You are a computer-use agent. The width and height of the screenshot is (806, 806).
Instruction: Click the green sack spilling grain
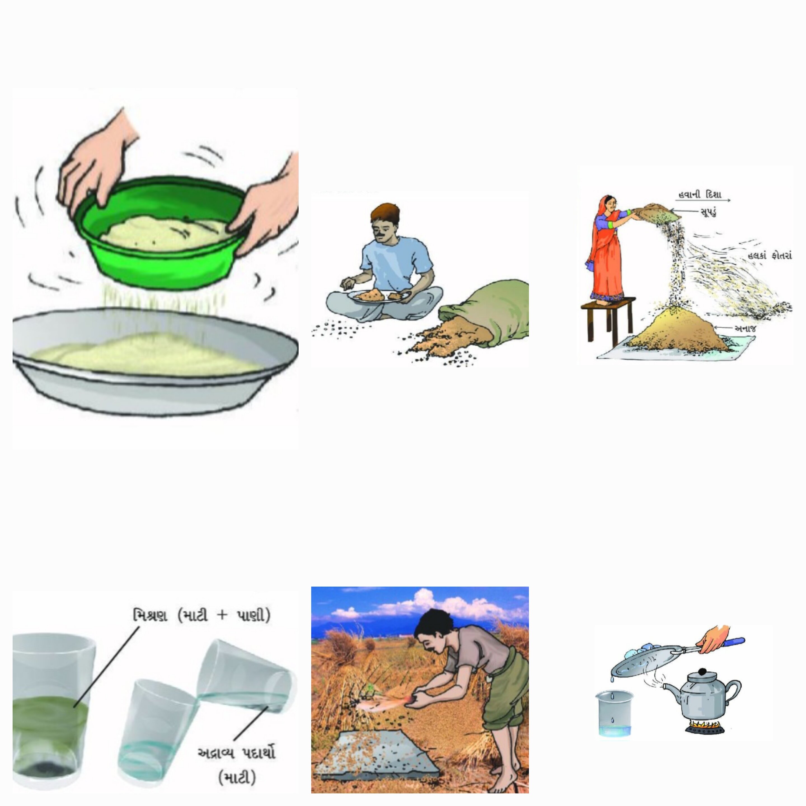tap(488, 311)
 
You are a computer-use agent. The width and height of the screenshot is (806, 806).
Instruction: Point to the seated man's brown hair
tap(385, 213)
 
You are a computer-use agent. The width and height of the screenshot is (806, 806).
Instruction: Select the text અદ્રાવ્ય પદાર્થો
tap(236, 753)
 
